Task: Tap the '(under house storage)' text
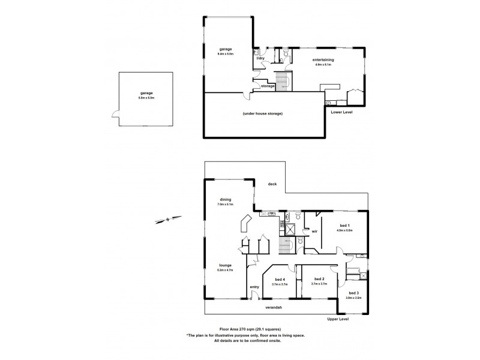coord(263,113)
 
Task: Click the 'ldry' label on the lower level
coord(261,58)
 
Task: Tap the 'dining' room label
coord(225,200)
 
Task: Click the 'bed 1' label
coord(344,226)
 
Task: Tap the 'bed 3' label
coord(353,293)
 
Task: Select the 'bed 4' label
coord(280,280)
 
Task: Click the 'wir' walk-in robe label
coord(314,230)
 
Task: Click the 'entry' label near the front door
coord(254,286)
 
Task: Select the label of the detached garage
coord(146,94)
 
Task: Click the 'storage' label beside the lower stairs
coord(268,86)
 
